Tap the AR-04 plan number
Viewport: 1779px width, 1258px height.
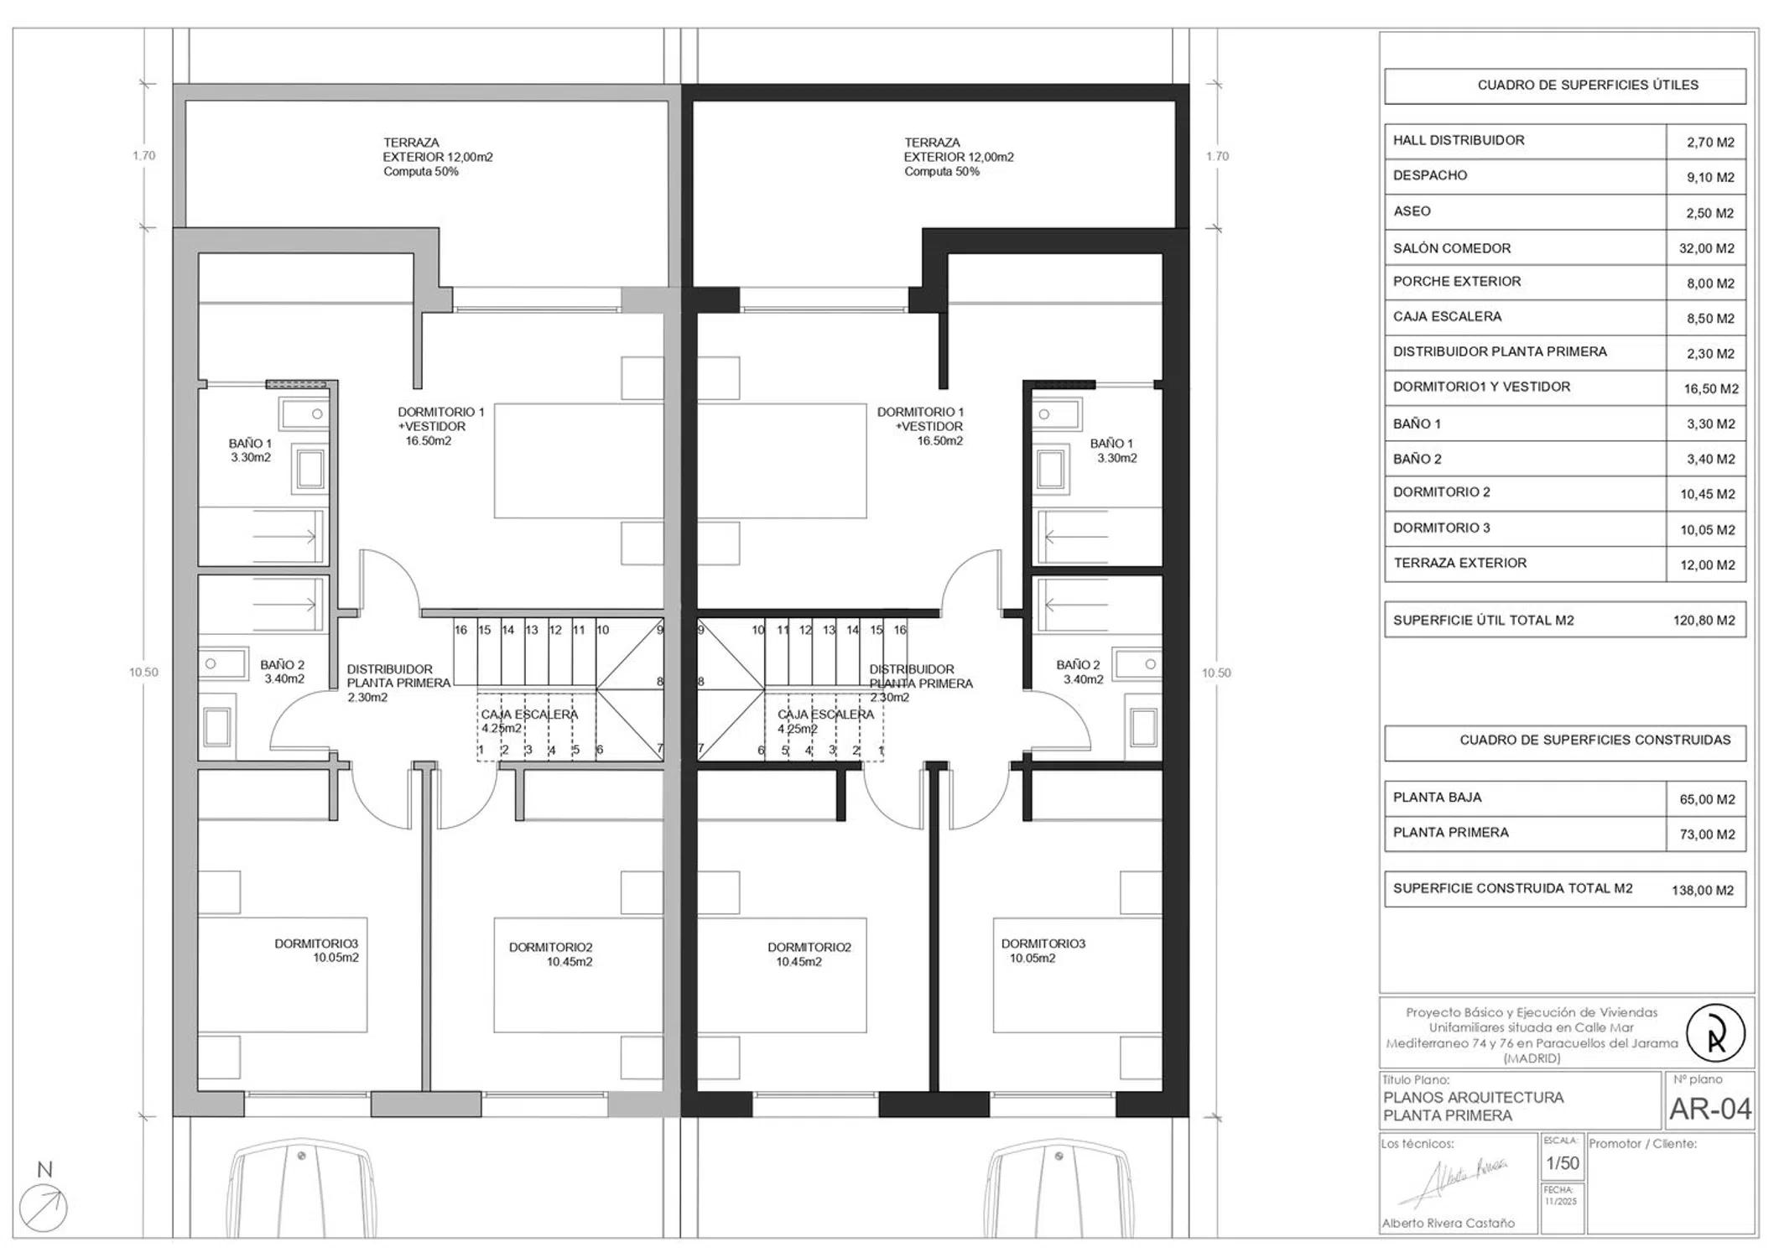[x=1709, y=1109]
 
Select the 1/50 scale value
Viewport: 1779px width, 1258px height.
[x=1563, y=1163]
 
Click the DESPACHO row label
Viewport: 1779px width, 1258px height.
[x=1430, y=175]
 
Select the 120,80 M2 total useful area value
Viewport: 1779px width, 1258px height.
[x=1704, y=621]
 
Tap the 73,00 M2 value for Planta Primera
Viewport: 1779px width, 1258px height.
[x=1707, y=834]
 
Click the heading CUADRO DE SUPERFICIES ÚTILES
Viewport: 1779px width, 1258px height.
[x=1588, y=85]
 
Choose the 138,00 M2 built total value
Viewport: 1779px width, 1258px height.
[x=1703, y=890]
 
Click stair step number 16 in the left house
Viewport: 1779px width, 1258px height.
[x=460, y=630]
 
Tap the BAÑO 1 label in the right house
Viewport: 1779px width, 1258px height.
[x=1111, y=444]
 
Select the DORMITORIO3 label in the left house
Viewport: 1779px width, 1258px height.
[x=316, y=943]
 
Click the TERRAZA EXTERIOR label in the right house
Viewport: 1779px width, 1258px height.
[x=958, y=150]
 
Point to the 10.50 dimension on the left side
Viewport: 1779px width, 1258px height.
[x=143, y=672]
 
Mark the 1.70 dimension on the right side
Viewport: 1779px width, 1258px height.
[x=1217, y=156]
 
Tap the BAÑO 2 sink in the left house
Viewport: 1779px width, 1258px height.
[x=224, y=663]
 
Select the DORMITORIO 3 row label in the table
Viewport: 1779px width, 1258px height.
[x=1442, y=528]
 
